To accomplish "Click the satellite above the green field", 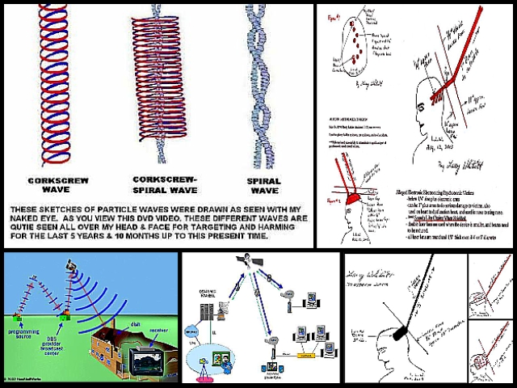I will point(71,264).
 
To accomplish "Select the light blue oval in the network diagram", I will point(191,331).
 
